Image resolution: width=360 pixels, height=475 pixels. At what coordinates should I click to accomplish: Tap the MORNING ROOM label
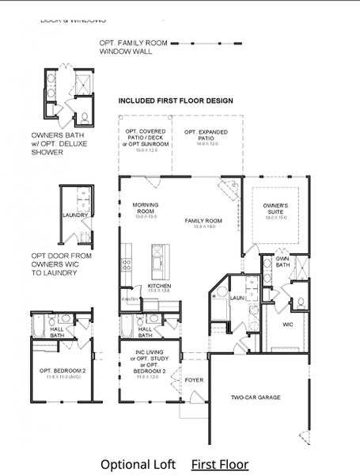tap(145, 208)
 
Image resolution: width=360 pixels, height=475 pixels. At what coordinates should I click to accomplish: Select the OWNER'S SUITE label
tap(276, 209)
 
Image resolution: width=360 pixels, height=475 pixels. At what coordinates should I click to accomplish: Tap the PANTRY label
tap(130, 300)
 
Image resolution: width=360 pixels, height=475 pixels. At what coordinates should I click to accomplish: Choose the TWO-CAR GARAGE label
tap(254, 397)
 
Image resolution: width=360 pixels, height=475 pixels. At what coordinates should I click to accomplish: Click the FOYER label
tap(194, 380)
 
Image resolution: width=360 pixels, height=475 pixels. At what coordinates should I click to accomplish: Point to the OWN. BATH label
tap(282, 260)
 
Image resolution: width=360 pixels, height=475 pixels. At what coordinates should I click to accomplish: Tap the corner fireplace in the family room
tap(229, 188)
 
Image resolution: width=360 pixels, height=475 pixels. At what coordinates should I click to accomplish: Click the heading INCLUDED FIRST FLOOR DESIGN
tap(176, 101)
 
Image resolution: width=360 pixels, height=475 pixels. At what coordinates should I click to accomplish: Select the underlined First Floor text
tap(219, 465)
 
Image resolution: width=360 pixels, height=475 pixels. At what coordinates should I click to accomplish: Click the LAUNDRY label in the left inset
tap(75, 215)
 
